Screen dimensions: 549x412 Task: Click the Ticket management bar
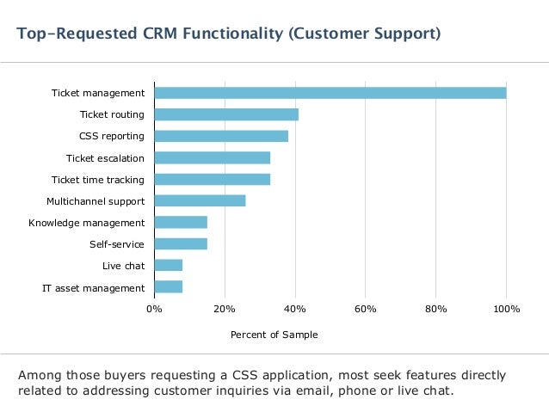tap(330, 93)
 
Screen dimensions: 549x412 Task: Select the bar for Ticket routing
tap(226, 114)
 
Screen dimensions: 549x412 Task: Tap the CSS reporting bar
tap(221, 136)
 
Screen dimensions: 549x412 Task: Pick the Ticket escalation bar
tap(213, 158)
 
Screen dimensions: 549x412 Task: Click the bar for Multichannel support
tap(200, 201)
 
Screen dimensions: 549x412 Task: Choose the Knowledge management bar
tap(181, 222)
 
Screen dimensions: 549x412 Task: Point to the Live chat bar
tap(169, 265)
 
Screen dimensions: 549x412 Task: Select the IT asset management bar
tap(169, 287)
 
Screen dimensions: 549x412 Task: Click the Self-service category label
tap(116, 244)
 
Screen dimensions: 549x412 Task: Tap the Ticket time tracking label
tap(98, 180)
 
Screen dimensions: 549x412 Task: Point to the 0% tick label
tap(154, 309)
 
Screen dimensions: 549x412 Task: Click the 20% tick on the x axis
tap(225, 309)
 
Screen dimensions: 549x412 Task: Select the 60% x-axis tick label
tap(365, 309)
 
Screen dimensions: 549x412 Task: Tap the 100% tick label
tap(506, 309)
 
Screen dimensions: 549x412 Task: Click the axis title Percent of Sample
tap(274, 335)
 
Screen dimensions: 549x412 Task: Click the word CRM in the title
tap(160, 34)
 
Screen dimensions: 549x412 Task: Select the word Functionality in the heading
tap(233, 34)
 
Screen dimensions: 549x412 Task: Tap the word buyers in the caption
tap(121, 376)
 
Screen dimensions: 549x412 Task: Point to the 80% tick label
tap(435, 309)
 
